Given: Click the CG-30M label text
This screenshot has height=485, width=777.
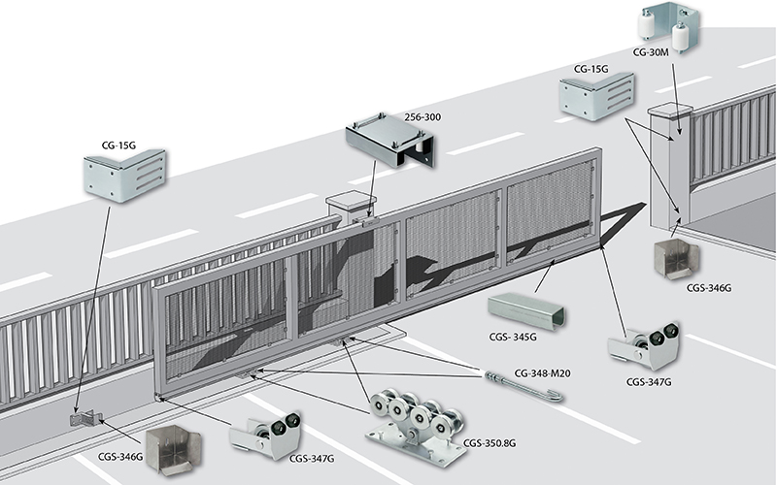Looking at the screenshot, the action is [651, 52].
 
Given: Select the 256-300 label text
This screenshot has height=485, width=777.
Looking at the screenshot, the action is [422, 117].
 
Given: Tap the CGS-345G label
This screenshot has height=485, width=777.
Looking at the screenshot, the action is [513, 337].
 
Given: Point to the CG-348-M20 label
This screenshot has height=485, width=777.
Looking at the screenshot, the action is [542, 373].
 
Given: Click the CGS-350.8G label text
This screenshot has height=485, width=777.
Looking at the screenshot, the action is [490, 443].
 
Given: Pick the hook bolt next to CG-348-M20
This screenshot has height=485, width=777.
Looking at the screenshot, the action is [524, 386].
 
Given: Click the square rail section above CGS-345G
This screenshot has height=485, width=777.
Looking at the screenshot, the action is [526, 310].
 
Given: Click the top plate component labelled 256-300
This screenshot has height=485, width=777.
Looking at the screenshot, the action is [390, 140].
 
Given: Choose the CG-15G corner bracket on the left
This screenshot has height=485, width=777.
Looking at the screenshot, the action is [124, 176].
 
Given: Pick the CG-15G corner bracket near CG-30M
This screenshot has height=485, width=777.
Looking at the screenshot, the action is [596, 96].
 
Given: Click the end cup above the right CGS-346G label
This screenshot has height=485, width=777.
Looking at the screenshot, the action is [676, 259].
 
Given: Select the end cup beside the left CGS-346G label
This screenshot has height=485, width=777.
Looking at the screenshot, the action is [173, 449].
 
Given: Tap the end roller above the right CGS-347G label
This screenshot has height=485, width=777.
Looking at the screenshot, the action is [644, 346].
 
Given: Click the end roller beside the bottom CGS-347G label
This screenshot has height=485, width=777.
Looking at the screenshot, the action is [265, 435].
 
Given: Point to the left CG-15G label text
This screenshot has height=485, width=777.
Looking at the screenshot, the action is [118, 145].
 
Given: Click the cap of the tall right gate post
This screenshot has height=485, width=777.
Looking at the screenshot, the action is [670, 110].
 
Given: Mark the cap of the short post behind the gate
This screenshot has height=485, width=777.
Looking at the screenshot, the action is [352, 200].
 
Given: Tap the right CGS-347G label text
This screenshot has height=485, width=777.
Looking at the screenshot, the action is [649, 382].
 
